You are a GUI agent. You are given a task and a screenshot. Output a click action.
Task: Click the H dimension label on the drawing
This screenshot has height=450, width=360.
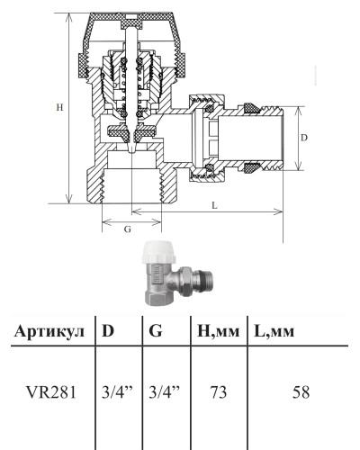pyautogui.click(x=59, y=107)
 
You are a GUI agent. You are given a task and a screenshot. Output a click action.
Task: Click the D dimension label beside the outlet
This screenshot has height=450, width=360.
pyautogui.click(x=304, y=138)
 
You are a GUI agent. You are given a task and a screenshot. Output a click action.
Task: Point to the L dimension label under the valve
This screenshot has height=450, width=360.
pyautogui.click(x=214, y=205)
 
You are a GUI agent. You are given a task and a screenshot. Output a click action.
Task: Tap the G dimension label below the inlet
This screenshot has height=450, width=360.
pyautogui.click(x=128, y=229)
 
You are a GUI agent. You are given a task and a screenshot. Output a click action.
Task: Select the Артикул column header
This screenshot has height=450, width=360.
pyautogui.click(x=49, y=331)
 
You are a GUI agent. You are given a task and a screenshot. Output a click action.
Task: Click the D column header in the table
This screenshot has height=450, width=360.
pyautogui.click(x=108, y=330)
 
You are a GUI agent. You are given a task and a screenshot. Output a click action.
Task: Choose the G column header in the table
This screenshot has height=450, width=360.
pyautogui.click(x=156, y=330)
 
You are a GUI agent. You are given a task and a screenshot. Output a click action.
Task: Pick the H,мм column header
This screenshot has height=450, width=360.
pyautogui.click(x=219, y=331)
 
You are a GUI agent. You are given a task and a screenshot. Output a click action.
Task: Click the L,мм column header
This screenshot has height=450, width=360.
pyautogui.click(x=274, y=331)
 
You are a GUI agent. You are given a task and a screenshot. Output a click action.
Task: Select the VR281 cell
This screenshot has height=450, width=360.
pyautogui.click(x=51, y=392)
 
